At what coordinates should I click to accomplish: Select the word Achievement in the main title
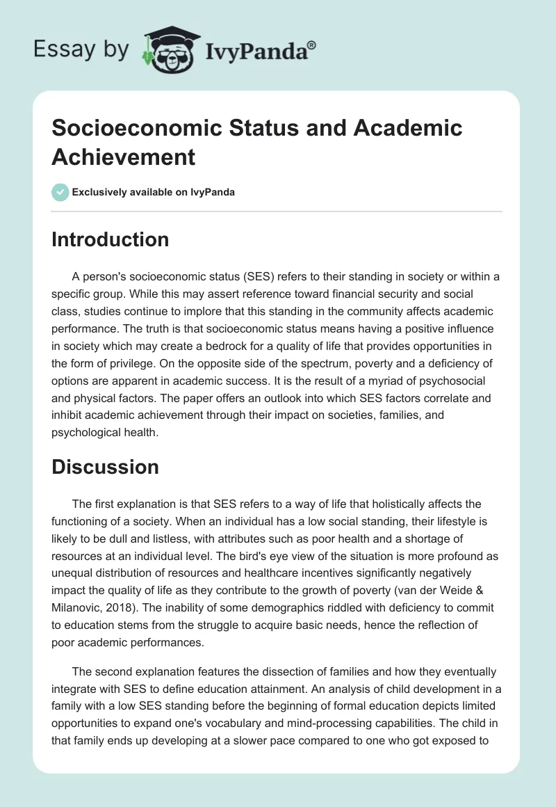124,157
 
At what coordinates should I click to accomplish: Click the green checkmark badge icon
60,192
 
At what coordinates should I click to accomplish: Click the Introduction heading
110,239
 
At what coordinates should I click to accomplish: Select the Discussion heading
105,467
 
